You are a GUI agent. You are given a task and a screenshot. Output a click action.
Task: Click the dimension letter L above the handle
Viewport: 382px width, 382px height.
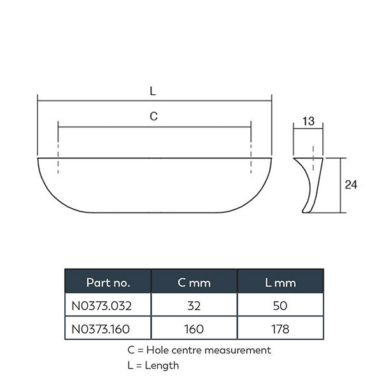click(153, 91)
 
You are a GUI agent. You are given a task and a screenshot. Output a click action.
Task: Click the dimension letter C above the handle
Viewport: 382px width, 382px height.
click(153, 117)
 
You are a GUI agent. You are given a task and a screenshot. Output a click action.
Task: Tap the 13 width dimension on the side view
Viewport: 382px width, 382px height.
click(308, 121)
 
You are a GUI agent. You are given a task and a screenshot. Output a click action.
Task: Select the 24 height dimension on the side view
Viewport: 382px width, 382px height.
click(350, 185)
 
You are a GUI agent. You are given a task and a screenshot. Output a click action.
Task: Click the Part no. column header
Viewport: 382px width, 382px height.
click(108, 281)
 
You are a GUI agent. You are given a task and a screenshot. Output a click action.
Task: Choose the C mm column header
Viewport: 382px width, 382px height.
click(194, 281)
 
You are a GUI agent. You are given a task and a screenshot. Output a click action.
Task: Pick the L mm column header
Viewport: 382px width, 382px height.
click(280, 281)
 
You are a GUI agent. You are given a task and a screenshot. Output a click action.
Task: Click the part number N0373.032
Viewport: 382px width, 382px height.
click(102, 306)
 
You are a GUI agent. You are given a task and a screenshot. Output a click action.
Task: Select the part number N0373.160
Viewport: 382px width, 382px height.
click(102, 329)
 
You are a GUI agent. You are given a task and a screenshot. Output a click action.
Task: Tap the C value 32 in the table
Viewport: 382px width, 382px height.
click(194, 306)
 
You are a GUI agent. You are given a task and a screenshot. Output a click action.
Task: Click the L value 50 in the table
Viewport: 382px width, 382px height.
click(280, 306)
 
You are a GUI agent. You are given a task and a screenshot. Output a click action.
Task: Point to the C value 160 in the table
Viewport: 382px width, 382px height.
click(194, 329)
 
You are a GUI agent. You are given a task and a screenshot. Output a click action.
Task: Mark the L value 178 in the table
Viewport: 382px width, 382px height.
click(280, 329)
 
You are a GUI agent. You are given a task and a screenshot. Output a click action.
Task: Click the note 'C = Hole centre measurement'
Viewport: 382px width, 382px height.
click(199, 350)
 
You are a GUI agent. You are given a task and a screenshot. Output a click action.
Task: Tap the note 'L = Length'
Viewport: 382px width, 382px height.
click(153, 365)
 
